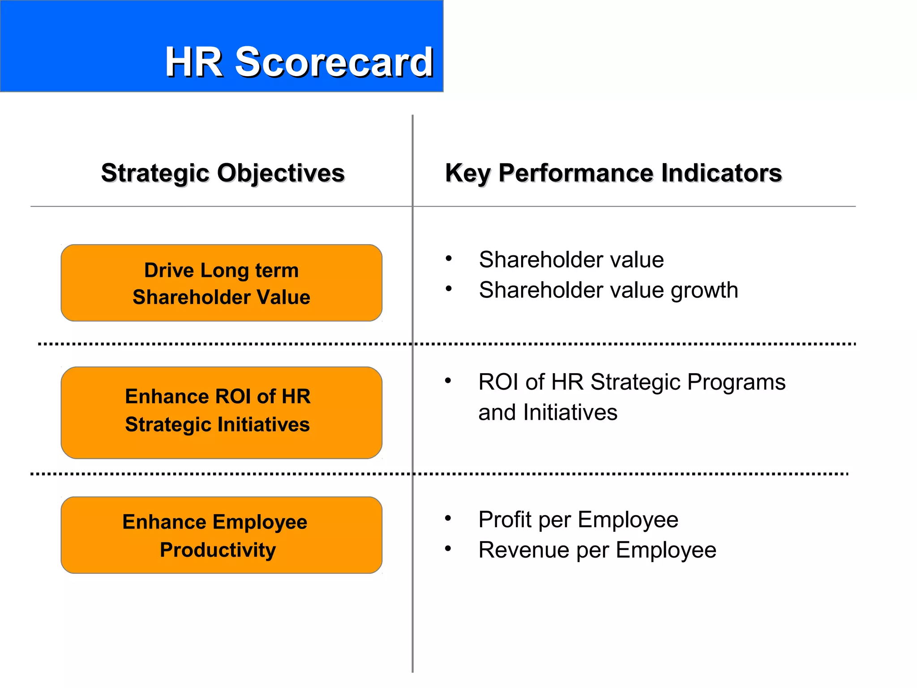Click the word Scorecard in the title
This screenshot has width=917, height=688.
(x=334, y=62)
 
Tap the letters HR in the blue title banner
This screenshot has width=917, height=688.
(x=194, y=62)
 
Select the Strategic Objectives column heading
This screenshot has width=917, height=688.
(x=223, y=173)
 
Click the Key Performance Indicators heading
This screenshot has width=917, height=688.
(x=613, y=173)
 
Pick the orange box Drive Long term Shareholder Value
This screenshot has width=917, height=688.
(x=221, y=283)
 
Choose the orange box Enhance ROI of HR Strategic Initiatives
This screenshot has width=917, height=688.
(x=221, y=412)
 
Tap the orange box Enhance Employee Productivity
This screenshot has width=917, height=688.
(x=221, y=535)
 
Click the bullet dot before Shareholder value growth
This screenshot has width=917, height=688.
(x=449, y=289)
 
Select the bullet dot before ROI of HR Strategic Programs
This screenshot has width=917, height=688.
(x=448, y=381)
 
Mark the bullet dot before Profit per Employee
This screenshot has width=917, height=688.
(x=448, y=518)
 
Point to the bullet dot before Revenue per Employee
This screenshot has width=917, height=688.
(x=448, y=549)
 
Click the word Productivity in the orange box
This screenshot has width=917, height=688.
(x=218, y=550)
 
